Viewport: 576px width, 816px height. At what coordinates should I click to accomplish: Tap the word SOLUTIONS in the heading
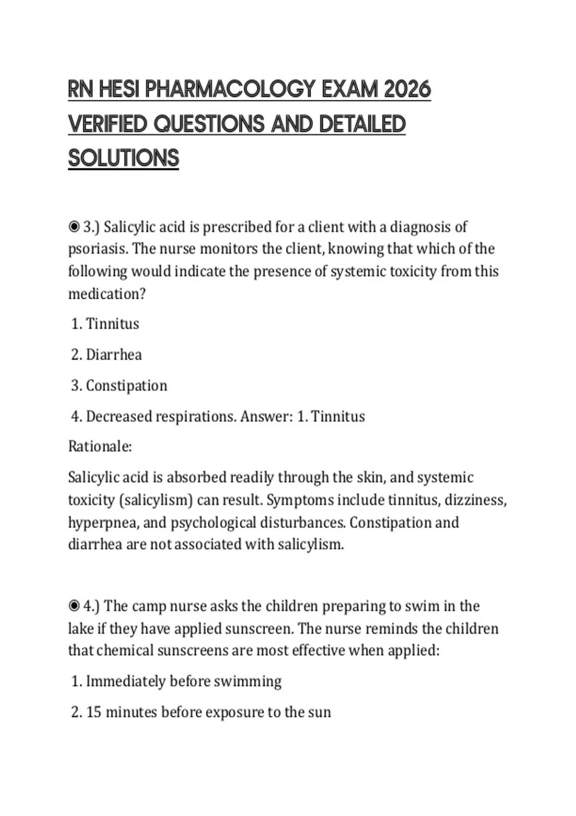point(123,158)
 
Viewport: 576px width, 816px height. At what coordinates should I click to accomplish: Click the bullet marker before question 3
point(74,227)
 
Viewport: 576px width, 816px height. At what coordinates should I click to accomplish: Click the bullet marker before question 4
point(74,606)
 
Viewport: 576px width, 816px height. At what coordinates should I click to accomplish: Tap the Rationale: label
point(100,446)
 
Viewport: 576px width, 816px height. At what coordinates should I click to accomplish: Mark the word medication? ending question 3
point(107,294)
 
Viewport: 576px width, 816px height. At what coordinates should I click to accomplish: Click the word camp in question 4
point(150,606)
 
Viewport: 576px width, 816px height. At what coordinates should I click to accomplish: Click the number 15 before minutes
point(94,712)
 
